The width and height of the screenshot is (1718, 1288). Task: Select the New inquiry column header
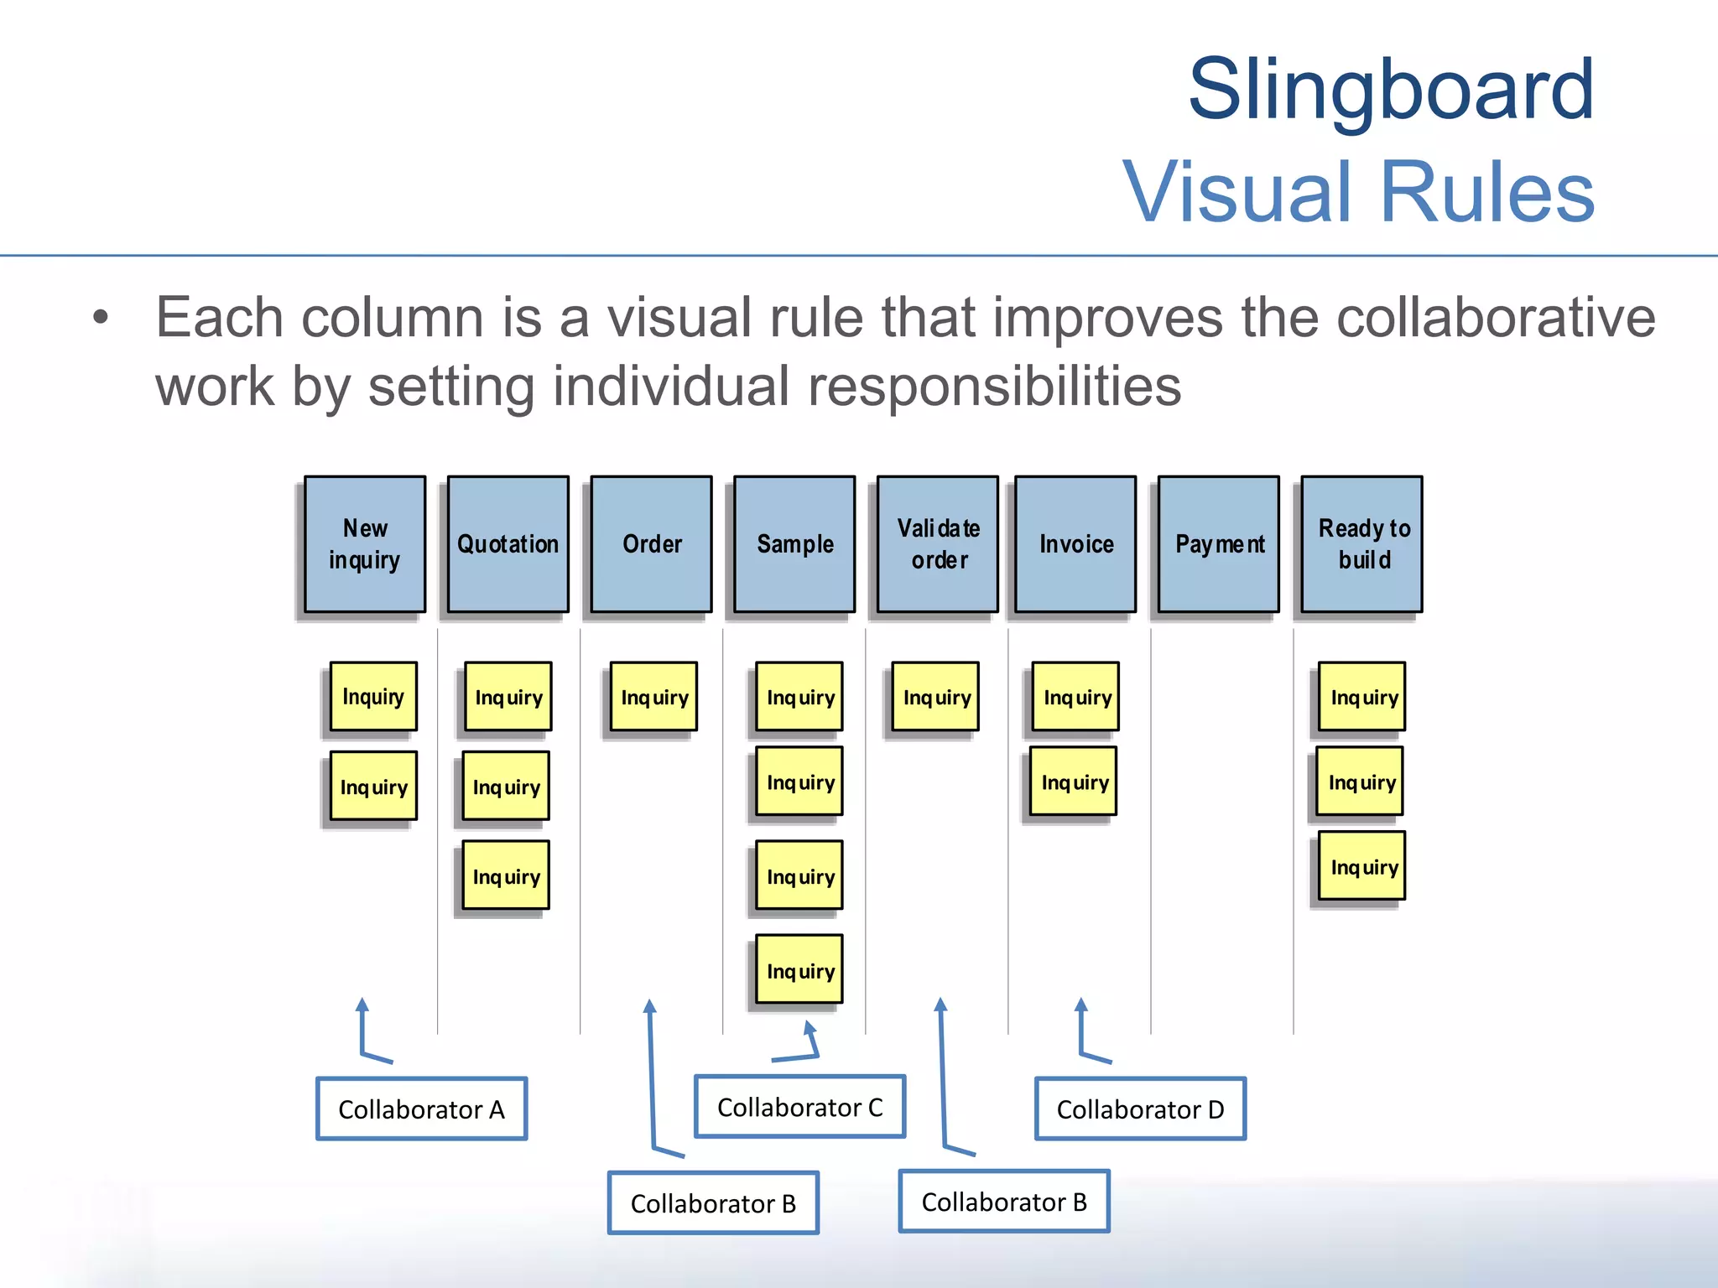coord(365,544)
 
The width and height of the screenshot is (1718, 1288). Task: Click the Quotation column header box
coord(508,544)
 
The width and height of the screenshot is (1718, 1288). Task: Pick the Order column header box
coord(652,544)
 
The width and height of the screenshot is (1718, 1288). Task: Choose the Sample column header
coord(795,544)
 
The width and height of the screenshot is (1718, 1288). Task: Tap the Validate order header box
coord(938,544)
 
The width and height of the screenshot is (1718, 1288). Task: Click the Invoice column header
coord(1076,544)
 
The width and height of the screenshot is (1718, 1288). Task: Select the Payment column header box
coord(1219,544)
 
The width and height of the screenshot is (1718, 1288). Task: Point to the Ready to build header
coord(1362,544)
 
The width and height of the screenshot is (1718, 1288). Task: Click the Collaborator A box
coord(421,1109)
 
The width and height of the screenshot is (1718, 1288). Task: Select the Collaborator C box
coord(800,1107)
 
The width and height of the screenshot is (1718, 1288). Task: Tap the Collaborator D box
coord(1140,1109)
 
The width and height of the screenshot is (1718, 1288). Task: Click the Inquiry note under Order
coord(654,697)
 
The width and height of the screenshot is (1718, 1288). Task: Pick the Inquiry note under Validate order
coord(936,697)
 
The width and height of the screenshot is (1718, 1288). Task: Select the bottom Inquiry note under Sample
coord(799,970)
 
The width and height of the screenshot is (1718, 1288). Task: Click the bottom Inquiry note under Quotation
coord(507,875)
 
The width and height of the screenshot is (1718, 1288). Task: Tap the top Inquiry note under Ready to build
coord(1362,697)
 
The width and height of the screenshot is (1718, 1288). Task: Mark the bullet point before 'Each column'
coord(101,318)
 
